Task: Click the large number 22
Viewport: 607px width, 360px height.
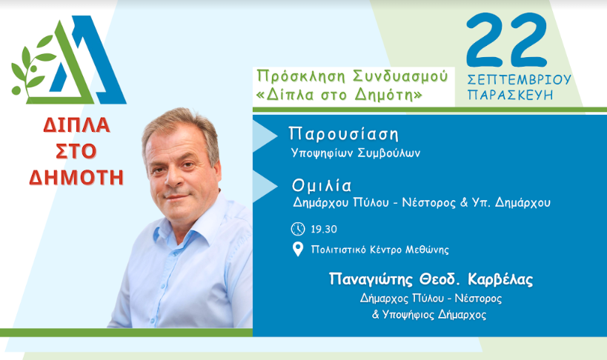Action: point(506,39)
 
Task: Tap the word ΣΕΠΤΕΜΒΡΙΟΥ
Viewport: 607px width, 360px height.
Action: point(519,79)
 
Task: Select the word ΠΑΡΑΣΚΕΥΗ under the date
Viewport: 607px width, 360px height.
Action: point(510,95)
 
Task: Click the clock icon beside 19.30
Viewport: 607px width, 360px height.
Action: point(298,229)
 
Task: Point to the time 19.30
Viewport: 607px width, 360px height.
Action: point(324,229)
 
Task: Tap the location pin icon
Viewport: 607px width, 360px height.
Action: point(298,250)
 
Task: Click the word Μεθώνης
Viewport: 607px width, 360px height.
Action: point(427,250)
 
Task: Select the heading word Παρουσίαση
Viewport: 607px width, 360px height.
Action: point(343,134)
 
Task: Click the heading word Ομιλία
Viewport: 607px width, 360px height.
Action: point(322,186)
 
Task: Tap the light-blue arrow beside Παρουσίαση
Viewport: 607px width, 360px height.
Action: point(265,136)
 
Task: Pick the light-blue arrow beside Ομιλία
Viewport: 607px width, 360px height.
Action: point(265,186)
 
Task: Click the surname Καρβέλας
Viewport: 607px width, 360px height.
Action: point(500,279)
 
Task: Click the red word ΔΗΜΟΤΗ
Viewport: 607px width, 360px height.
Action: point(76,178)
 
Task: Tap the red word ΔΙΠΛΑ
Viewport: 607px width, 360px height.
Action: point(76,125)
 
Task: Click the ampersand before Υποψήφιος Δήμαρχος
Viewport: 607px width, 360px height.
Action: point(375,314)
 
